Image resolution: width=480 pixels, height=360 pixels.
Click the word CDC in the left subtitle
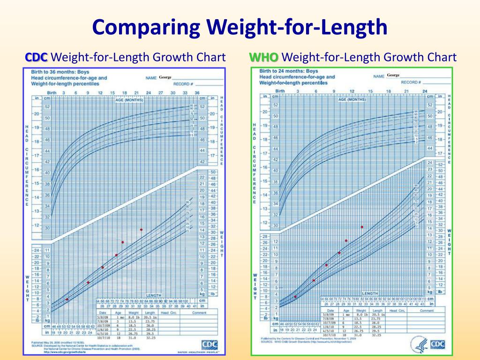[x=36, y=57]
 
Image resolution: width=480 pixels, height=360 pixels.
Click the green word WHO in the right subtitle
[x=264, y=57]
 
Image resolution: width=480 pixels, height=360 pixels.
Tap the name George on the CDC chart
[x=165, y=77]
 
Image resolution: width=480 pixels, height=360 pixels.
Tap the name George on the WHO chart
[x=393, y=75]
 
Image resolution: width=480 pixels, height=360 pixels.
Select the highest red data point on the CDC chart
[x=141, y=230]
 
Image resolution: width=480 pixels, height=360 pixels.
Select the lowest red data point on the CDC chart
[x=67, y=299]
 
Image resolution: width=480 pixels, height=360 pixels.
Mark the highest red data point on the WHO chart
[x=362, y=227]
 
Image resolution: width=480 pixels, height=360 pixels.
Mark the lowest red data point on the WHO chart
[x=295, y=296]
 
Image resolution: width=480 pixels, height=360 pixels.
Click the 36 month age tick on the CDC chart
[x=197, y=93]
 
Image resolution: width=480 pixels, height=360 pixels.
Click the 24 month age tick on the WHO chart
[x=425, y=91]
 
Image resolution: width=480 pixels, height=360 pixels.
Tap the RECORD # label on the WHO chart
[x=411, y=82]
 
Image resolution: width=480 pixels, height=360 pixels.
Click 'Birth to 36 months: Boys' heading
[x=60, y=72]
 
